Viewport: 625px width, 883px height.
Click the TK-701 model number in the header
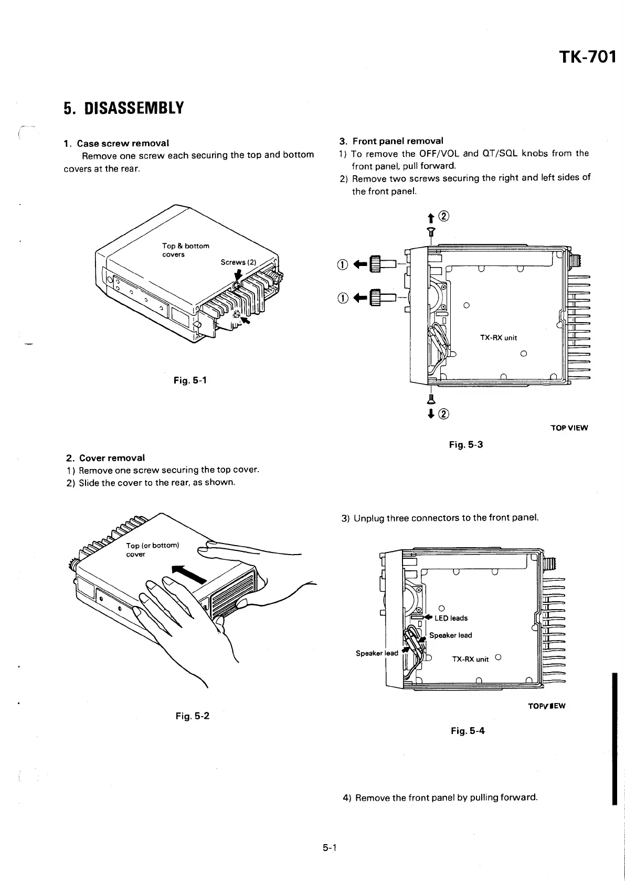[587, 56]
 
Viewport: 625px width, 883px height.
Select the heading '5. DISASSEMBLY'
[124, 108]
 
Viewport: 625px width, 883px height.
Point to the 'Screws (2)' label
[237, 262]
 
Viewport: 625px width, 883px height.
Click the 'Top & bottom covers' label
[185, 250]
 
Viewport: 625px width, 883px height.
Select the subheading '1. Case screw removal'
[116, 143]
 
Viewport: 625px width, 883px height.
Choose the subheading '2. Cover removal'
[104, 458]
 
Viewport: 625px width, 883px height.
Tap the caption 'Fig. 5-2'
[193, 716]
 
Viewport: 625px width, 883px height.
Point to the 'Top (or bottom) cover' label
[153, 549]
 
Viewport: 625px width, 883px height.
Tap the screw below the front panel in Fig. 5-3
[431, 398]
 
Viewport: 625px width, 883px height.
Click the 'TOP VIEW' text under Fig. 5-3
[569, 428]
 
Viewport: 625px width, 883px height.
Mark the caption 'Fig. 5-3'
[466, 445]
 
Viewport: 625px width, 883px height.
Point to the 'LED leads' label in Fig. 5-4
[451, 618]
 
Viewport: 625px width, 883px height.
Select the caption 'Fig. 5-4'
[468, 730]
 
